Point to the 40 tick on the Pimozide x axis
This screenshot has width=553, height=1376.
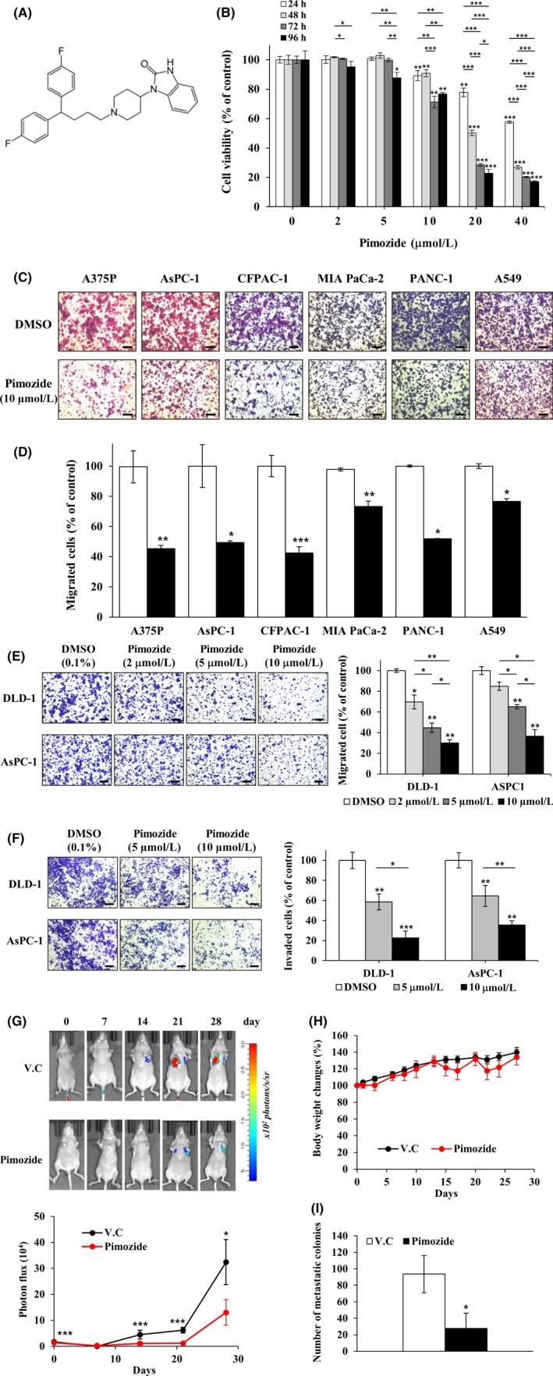click(x=523, y=223)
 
